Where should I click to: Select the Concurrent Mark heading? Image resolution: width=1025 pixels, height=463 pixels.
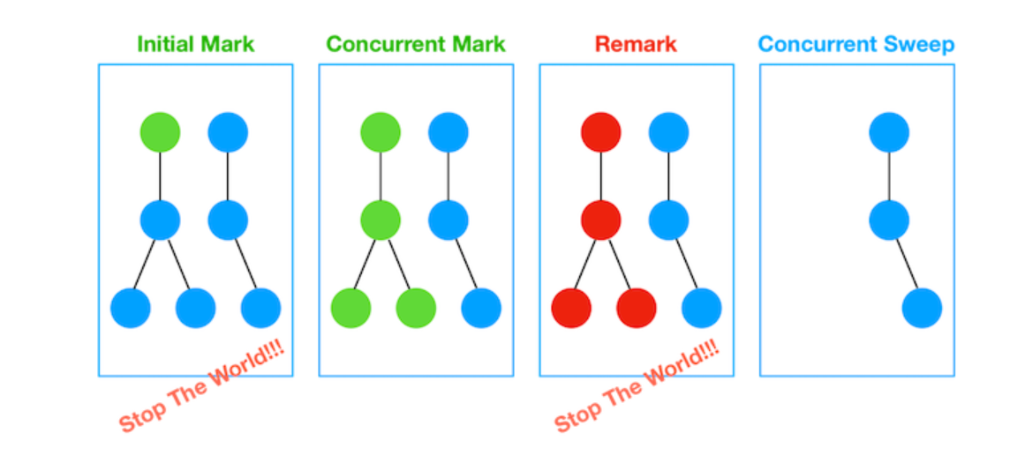tap(416, 43)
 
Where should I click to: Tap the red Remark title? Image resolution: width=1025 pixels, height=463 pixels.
tap(636, 43)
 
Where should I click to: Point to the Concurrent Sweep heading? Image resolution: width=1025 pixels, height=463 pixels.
tap(856, 43)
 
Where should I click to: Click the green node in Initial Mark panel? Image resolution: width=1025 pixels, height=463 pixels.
tap(160, 132)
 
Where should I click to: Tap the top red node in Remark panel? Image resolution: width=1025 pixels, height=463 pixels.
tap(601, 132)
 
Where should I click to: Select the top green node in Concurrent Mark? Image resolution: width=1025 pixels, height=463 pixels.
tap(381, 132)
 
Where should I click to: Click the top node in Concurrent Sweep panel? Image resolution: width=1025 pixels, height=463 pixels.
tap(889, 132)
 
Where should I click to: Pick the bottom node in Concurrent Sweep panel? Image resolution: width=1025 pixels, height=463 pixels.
tap(922, 309)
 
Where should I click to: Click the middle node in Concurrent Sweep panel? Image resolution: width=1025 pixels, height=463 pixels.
tap(889, 220)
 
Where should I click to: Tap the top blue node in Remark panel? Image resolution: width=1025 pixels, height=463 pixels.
tap(668, 132)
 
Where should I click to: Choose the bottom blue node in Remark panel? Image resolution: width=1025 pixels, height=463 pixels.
tap(701, 309)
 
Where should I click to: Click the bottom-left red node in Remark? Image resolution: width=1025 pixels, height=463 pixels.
tap(571, 309)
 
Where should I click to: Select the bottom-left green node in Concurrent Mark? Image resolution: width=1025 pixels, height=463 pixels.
tap(350, 309)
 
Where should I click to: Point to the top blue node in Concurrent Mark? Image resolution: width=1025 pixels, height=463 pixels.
tap(448, 132)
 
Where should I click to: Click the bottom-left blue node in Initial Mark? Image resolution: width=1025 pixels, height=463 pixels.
tap(131, 309)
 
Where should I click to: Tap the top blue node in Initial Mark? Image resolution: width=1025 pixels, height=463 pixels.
tap(228, 132)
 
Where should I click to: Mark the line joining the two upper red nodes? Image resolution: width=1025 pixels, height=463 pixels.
tap(601, 176)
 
